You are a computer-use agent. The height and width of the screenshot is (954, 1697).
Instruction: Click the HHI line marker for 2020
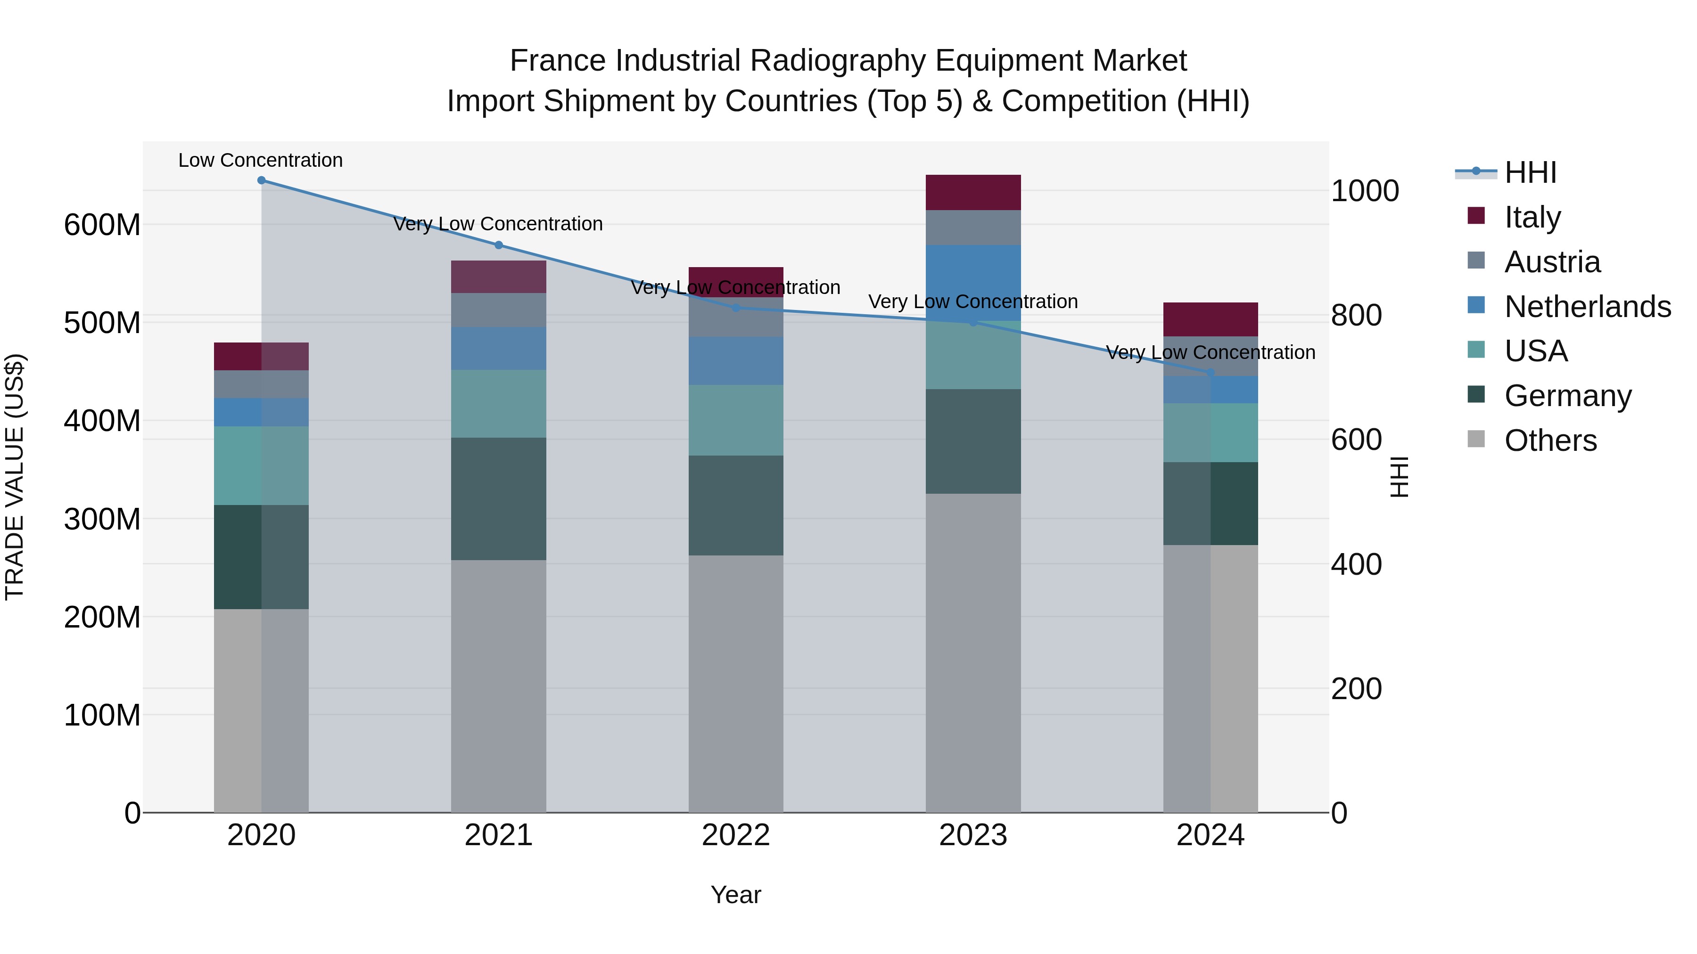click(262, 180)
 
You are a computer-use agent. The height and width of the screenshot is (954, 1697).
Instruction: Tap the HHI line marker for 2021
click(499, 245)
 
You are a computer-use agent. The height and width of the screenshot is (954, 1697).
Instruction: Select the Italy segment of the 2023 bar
click(973, 192)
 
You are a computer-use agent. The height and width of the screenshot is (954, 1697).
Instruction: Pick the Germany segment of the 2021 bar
click(499, 498)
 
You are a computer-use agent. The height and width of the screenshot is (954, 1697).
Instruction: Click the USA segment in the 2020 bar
click(262, 465)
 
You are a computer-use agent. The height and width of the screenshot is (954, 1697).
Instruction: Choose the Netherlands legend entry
click(1586, 307)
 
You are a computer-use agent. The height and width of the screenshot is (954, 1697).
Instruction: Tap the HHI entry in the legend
click(1530, 172)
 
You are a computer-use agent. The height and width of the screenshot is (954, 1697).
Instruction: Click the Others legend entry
click(1549, 440)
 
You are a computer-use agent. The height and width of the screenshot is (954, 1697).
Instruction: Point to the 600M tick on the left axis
click(102, 225)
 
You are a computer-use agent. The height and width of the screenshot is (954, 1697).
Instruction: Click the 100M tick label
click(102, 715)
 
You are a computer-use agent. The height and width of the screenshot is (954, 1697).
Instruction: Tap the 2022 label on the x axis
click(736, 835)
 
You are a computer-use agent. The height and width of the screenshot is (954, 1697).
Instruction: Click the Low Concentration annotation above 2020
click(261, 160)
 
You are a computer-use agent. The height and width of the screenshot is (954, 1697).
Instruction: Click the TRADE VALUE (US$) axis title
click(15, 477)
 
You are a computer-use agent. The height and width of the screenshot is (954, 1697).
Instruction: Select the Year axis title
click(736, 895)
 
